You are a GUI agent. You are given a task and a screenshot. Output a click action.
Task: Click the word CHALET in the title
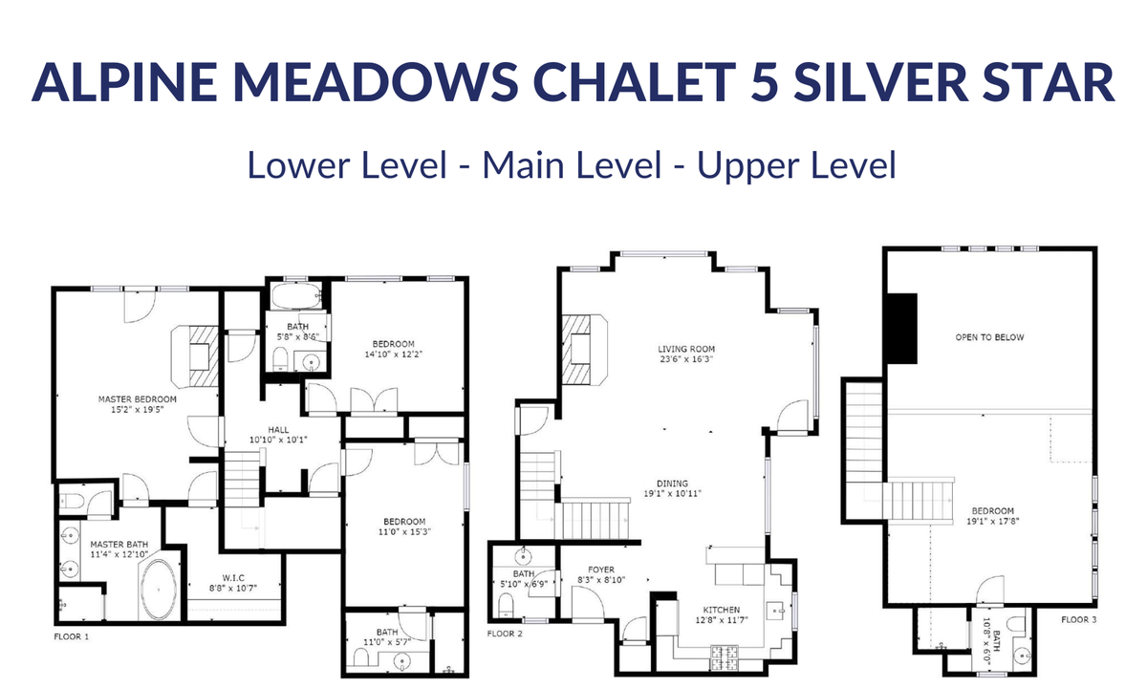[x=635, y=82]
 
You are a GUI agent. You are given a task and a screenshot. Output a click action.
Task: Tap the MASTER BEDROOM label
[x=138, y=399]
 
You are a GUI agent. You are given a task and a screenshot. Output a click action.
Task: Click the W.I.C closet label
[x=233, y=578]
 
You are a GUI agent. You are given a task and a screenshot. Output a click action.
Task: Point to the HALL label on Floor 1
[x=278, y=430]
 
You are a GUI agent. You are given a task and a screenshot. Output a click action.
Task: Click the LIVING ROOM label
[x=686, y=349]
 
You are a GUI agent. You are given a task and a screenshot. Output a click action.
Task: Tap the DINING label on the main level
[x=672, y=484]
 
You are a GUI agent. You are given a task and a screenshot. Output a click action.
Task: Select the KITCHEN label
[x=721, y=610]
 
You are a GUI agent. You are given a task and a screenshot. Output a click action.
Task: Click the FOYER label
[x=601, y=570]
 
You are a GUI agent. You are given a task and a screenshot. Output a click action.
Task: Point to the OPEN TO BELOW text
[x=989, y=337]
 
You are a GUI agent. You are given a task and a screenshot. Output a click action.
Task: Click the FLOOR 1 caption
[x=71, y=636]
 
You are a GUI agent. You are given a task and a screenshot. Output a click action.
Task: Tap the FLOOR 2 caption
[x=505, y=634]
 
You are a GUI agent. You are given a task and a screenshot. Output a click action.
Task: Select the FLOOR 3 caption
[x=1079, y=620]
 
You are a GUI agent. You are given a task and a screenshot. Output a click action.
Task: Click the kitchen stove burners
[x=725, y=657]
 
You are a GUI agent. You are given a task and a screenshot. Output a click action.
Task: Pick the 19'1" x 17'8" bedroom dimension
[x=993, y=522]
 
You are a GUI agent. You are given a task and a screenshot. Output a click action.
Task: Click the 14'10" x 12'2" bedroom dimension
[x=393, y=355]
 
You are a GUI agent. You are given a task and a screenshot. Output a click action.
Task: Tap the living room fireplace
[x=584, y=349]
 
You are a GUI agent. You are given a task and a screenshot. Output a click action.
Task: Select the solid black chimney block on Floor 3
[x=901, y=329]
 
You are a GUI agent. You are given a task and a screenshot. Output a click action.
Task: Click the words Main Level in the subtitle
[x=572, y=164]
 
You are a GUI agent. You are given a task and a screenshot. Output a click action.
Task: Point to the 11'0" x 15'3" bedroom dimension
[x=404, y=532]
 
